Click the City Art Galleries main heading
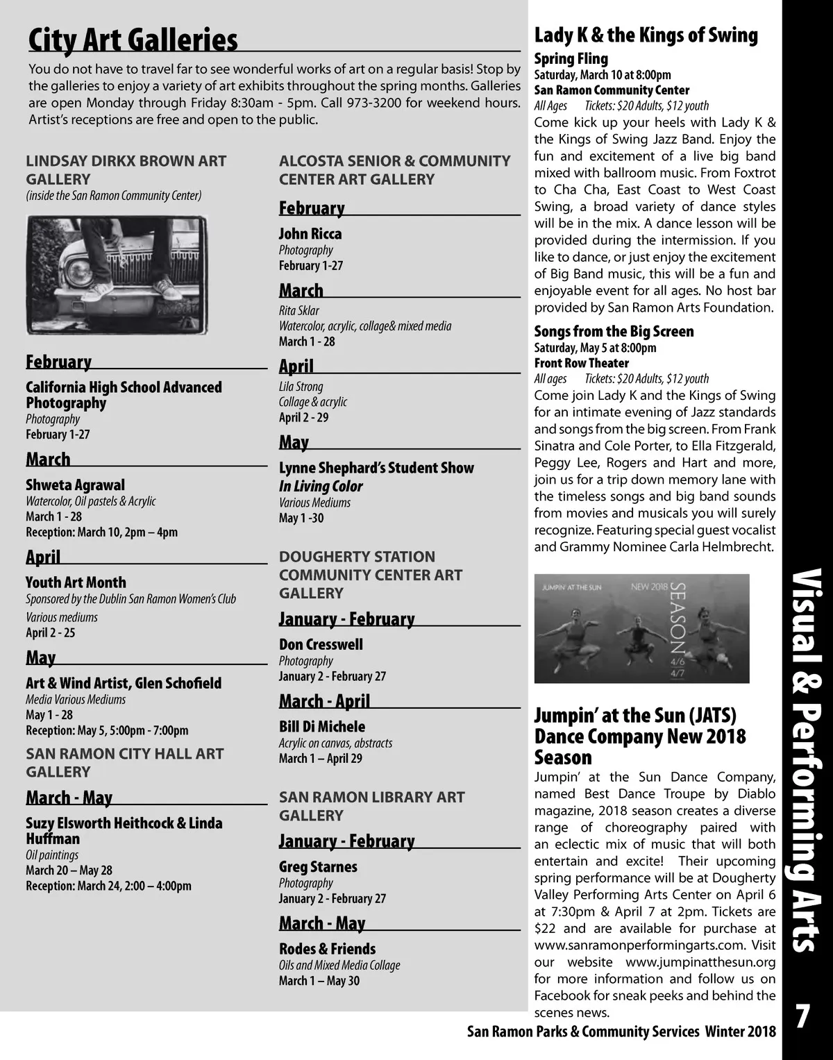coord(133,40)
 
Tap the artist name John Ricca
coord(310,234)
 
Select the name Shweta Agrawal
coord(76,485)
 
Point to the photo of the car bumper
coord(117,275)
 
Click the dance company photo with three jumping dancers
coord(641,628)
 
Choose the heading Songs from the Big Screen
coord(614,331)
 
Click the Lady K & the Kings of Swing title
coord(646,35)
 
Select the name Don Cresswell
coord(321,644)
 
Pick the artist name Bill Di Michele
coord(322,727)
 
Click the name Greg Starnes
coord(318,866)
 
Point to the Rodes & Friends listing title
coord(327,948)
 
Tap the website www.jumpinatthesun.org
coord(700,962)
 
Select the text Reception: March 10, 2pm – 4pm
coord(101,532)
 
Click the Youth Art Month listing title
coord(76,582)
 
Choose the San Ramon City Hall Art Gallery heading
coord(125,762)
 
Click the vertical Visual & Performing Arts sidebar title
coord(807,760)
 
